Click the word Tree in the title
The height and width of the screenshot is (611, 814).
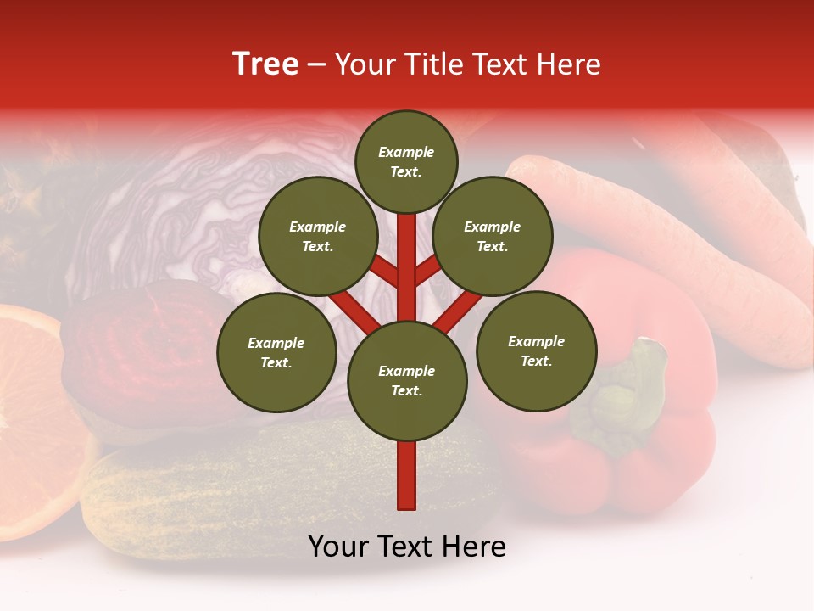[x=265, y=64]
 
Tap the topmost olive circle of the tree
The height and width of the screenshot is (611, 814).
[x=406, y=161]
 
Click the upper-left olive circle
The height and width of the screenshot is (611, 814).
[x=317, y=236]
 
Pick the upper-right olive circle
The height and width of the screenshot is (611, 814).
[x=493, y=236]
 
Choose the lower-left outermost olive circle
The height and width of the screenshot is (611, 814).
[x=276, y=352]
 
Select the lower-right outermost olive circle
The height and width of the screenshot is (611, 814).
[x=536, y=350]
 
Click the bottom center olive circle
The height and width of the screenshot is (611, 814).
[x=406, y=380]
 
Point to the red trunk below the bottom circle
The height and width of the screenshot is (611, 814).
[x=406, y=475]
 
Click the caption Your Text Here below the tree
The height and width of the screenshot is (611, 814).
[x=406, y=547]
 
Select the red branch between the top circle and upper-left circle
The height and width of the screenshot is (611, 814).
[x=384, y=270]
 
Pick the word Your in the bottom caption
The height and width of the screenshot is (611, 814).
[x=338, y=547]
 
